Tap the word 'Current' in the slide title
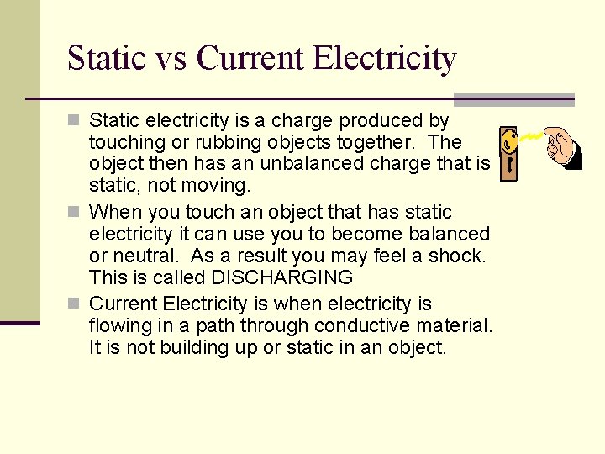(x=249, y=59)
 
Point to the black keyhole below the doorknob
(x=508, y=168)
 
